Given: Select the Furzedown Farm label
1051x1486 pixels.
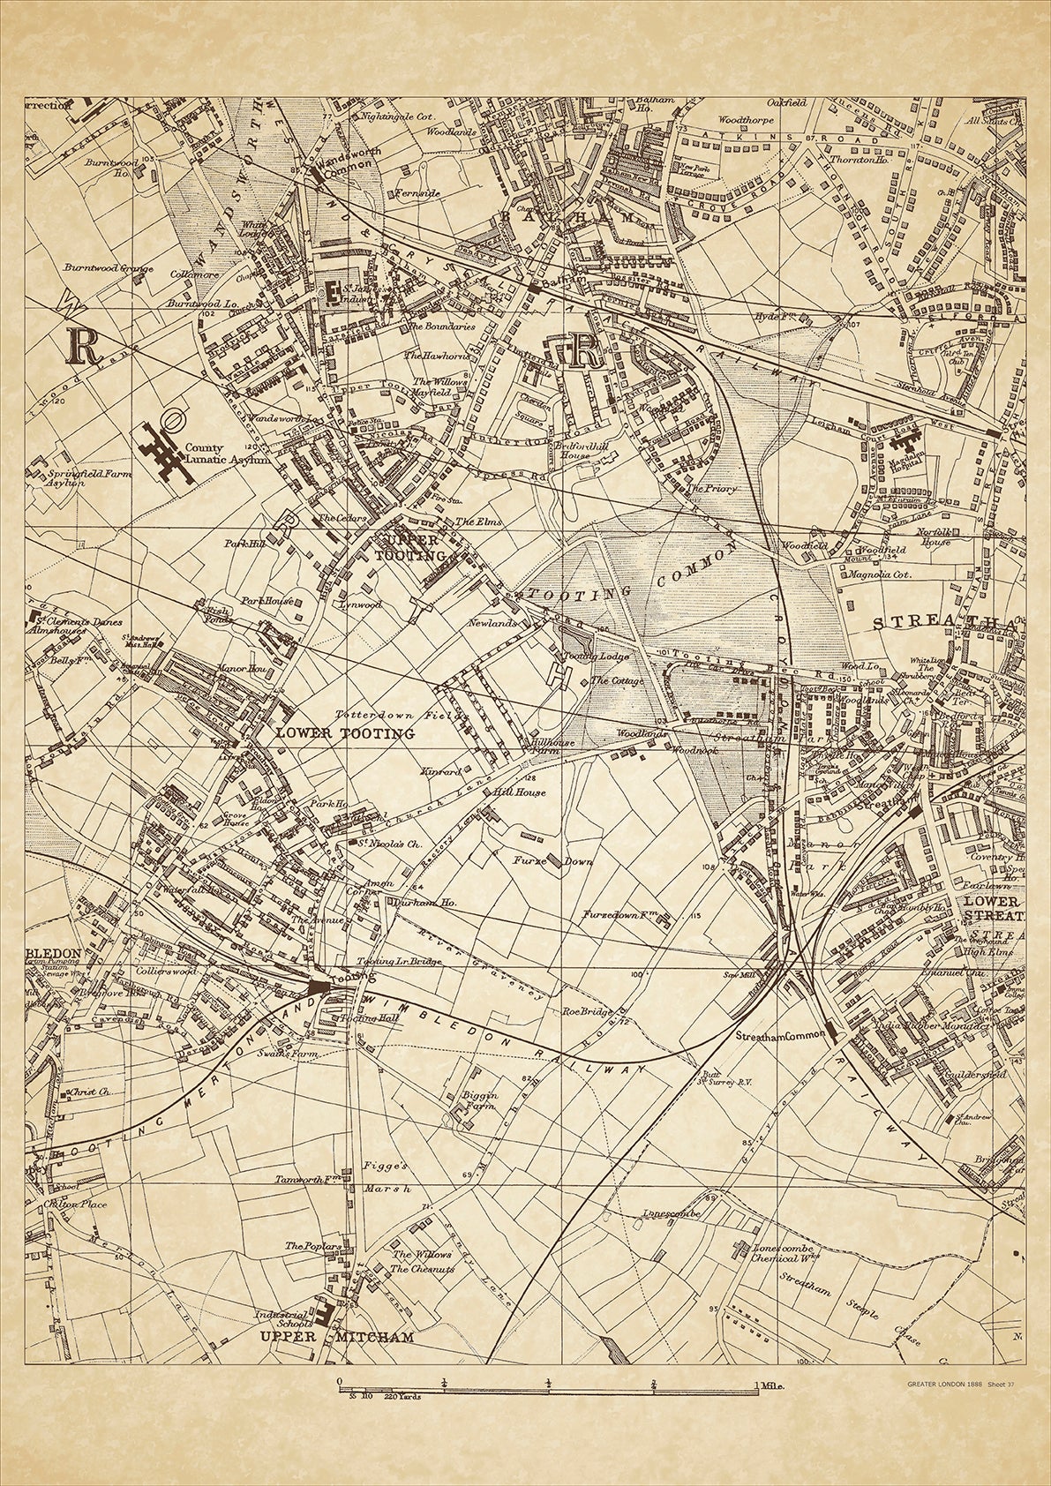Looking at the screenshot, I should tap(621, 916).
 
